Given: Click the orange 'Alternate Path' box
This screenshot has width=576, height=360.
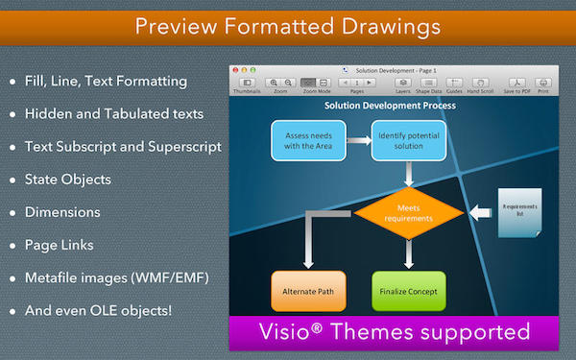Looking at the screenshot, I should [306, 291].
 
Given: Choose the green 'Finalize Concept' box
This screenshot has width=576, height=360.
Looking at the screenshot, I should [408, 291].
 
